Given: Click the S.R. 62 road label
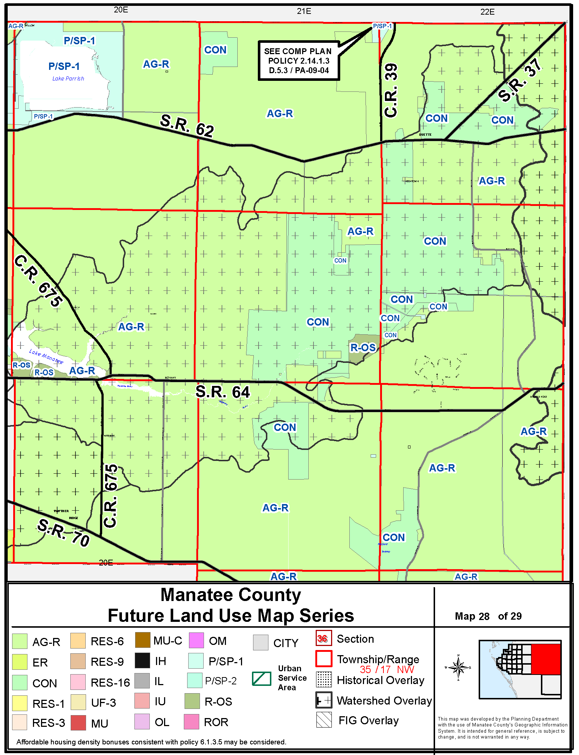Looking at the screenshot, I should point(187,125).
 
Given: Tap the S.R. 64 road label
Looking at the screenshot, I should point(222,392).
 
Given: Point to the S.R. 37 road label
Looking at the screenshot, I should point(519,80).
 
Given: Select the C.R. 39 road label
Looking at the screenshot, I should point(391,90).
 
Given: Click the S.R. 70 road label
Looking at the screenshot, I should point(63,532).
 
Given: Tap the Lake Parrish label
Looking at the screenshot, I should point(68,79).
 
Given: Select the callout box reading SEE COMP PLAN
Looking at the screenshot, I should point(298,61).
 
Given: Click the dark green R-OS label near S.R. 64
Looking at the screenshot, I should point(363,348).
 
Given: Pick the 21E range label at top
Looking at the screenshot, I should point(304,11).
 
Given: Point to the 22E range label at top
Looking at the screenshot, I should point(487,12).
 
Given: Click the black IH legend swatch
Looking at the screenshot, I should point(142,661).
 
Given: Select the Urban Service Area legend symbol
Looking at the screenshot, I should point(261,679).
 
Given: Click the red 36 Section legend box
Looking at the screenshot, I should point(324,638).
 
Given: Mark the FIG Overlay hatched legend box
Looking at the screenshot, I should point(324,720).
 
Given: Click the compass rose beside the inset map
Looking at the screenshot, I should point(458,668).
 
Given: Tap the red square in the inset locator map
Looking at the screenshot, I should point(546,659).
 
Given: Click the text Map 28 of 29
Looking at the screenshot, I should point(488,616).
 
